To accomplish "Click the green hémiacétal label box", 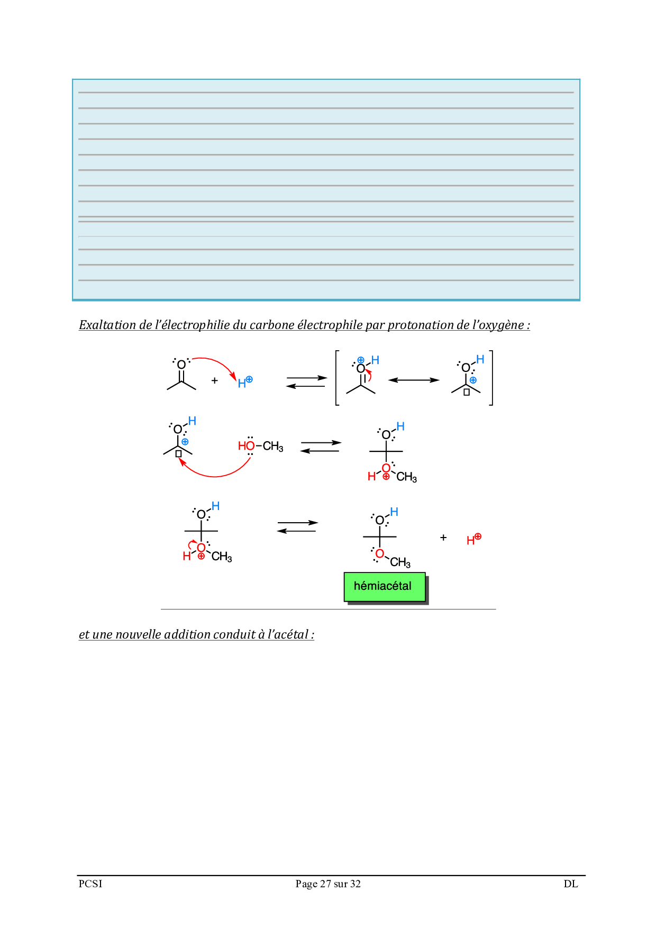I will point(384,587).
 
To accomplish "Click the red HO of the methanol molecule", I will point(246,446).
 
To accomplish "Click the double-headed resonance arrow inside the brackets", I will point(414,380).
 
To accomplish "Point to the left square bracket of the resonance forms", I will point(337,378).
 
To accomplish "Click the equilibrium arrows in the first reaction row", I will point(307,382).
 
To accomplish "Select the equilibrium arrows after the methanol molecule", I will point(321,447).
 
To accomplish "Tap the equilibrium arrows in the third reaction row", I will point(297,527).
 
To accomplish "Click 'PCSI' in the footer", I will point(90,884).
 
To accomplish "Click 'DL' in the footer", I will point(570,884).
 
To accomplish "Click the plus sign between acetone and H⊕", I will point(214,380).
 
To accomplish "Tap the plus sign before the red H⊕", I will point(443,538).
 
